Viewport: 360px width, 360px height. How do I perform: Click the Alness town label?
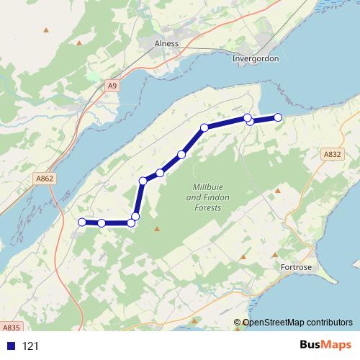click(166, 43)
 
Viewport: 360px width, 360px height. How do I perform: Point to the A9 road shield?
click(112, 86)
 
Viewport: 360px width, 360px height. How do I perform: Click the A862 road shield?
click(44, 179)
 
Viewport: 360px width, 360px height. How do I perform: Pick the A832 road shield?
click(332, 154)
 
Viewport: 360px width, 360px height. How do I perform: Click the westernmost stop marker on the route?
click(82, 222)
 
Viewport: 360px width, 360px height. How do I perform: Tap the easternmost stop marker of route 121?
click(278, 117)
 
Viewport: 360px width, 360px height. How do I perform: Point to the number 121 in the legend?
click(30, 346)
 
